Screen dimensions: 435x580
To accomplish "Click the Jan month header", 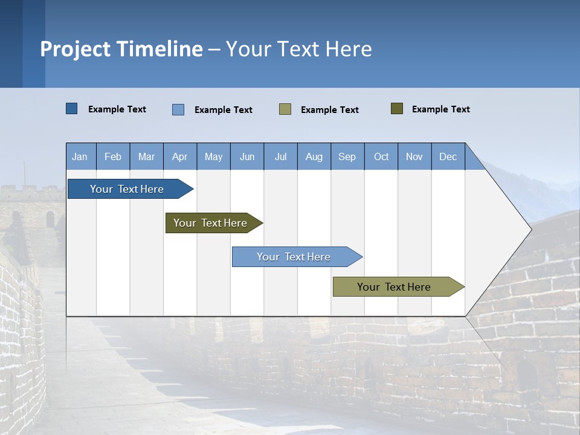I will point(80,156).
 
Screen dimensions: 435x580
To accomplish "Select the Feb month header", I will point(113,156).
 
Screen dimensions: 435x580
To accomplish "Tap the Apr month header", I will point(179,156).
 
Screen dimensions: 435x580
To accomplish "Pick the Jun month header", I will point(247,156).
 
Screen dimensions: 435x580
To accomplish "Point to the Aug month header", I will point(314,156).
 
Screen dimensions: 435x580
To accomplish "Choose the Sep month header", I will point(347,156).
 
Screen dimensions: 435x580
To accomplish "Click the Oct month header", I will point(381,156).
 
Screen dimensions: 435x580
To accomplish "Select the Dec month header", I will point(448,156).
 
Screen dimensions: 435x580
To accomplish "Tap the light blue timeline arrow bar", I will point(294,257).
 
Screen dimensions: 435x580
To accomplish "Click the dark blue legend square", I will point(71,109).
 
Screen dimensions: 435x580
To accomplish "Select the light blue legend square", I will point(178,109).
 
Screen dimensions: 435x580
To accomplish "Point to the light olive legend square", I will point(285,109).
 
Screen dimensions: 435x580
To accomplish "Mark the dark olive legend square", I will point(396,109).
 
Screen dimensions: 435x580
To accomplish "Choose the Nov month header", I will point(414,156).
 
